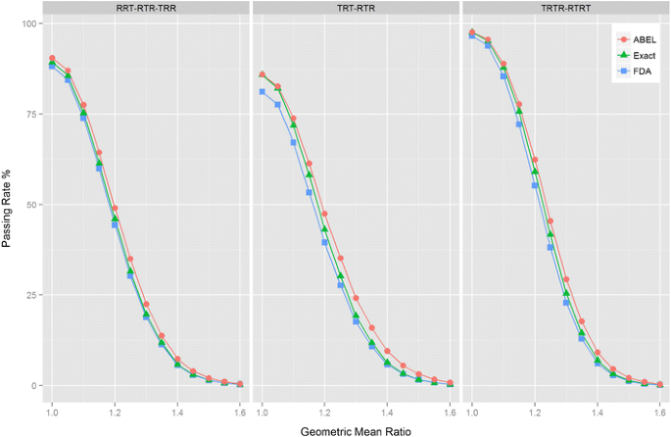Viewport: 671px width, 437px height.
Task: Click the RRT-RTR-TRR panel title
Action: coord(145,9)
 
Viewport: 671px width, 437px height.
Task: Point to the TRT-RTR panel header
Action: coord(356,9)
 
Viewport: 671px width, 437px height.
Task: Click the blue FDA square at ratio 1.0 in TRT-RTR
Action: coord(262,92)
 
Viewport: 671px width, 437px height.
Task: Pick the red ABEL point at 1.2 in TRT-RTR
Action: coord(324,214)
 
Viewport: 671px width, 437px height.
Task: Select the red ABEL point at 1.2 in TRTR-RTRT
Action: coord(535,160)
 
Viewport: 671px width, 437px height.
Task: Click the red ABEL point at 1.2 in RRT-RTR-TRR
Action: coord(115,209)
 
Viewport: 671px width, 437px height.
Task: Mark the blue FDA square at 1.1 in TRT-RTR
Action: coord(293,142)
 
